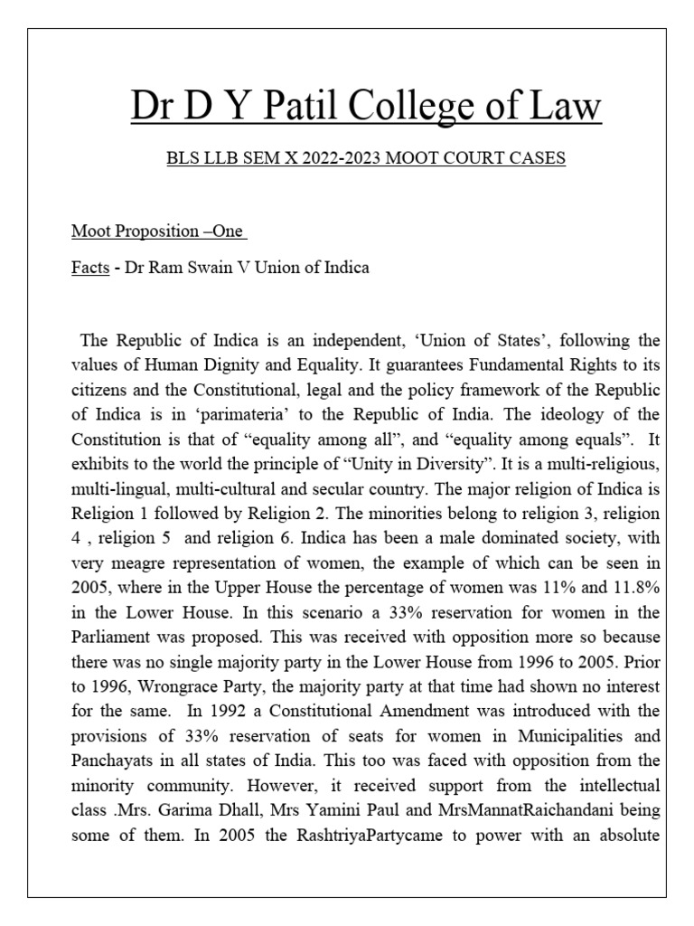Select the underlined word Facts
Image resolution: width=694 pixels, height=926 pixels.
pyautogui.click(x=90, y=269)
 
